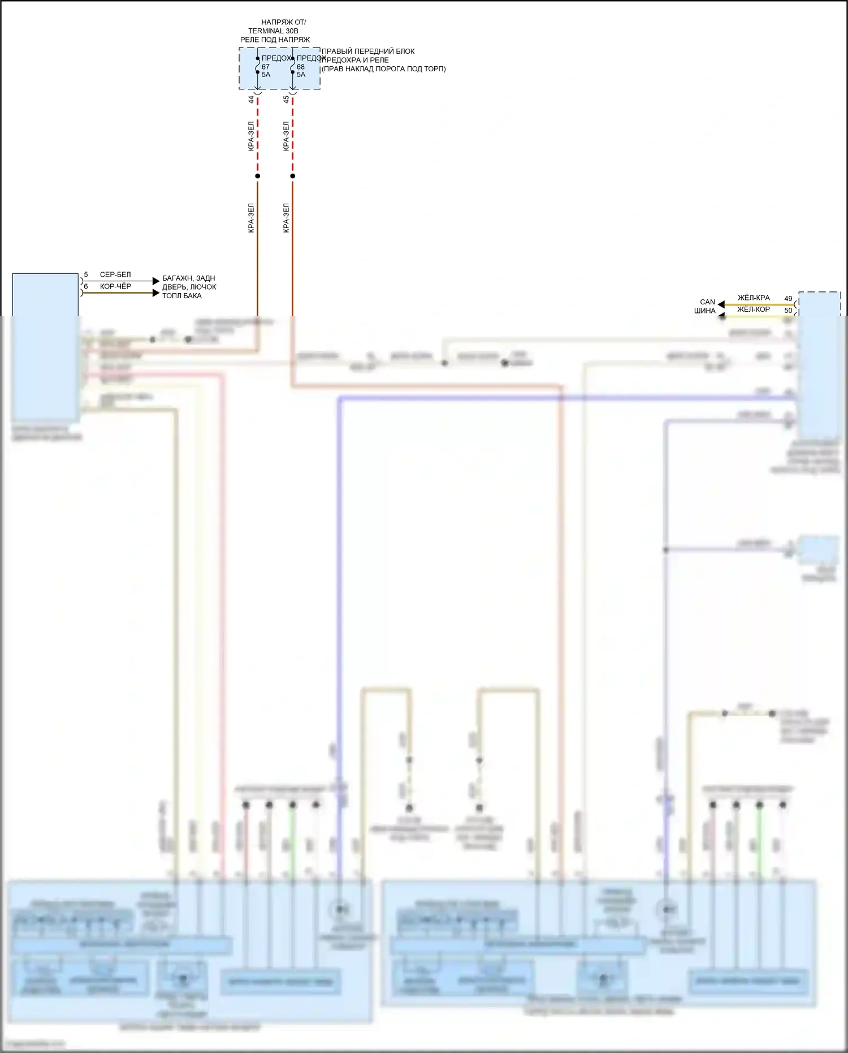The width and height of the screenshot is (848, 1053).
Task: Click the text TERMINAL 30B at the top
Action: tap(273, 31)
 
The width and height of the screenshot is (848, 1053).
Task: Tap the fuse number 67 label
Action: tap(266, 67)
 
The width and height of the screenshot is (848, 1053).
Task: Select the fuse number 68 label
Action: tap(301, 67)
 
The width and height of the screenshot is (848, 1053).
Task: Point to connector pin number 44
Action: tap(251, 100)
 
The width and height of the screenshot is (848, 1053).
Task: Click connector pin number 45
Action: tap(286, 100)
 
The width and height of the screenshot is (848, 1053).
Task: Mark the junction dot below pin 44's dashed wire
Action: tap(258, 176)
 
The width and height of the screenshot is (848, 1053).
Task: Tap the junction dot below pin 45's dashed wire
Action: tap(292, 176)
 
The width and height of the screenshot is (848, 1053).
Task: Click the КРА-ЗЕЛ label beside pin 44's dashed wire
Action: tap(251, 136)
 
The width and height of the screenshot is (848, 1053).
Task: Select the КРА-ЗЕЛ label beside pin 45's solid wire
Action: tap(286, 218)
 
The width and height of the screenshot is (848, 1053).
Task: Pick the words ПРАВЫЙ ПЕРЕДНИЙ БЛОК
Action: tap(368, 51)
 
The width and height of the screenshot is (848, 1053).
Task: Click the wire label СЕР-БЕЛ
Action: tap(115, 274)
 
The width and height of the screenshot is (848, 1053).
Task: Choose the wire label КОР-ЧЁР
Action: tap(115, 286)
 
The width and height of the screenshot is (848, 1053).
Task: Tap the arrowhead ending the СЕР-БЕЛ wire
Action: tap(156, 281)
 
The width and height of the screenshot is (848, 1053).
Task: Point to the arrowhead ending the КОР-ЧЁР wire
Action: tap(156, 293)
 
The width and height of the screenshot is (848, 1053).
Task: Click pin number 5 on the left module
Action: tap(86, 274)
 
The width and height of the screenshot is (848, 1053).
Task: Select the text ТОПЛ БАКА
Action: tap(182, 295)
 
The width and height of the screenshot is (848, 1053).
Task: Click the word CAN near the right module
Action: tap(707, 302)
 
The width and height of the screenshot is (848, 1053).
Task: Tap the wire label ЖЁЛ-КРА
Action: tap(754, 298)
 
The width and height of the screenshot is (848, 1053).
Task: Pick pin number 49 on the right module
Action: tap(788, 298)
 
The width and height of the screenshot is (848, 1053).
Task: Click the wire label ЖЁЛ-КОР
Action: tap(754, 310)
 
